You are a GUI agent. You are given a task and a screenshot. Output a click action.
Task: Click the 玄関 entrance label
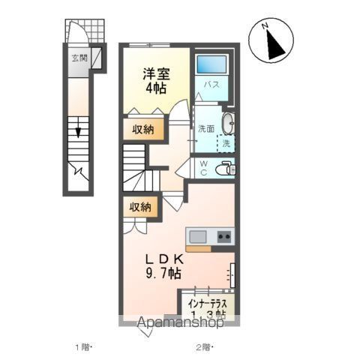[79, 57]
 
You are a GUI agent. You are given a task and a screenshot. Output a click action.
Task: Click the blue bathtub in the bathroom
[211, 65]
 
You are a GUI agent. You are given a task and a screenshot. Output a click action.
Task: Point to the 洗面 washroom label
[206, 127]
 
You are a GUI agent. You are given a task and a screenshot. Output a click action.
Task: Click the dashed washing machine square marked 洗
[225, 141]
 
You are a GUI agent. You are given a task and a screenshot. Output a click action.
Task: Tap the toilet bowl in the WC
[223, 169]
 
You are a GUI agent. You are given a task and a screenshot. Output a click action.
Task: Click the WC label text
[203, 169]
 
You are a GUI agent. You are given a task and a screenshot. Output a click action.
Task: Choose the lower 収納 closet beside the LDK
[140, 207]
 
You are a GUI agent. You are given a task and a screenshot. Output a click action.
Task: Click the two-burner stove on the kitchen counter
[223, 238]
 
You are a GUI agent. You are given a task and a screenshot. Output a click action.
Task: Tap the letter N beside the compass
[265, 26]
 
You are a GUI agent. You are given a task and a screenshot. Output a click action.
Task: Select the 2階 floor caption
[203, 346]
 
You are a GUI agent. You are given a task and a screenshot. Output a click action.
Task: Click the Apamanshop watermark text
[180, 325]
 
